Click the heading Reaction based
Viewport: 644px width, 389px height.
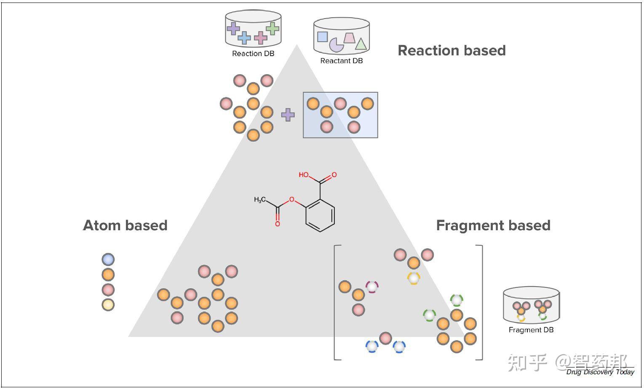coord(452,51)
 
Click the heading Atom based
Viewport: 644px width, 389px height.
coord(125,225)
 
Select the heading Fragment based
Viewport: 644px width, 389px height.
coord(493,225)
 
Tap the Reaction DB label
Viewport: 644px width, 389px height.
coord(253,54)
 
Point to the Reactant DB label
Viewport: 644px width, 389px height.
coord(342,61)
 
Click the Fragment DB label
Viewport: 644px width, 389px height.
coord(531,330)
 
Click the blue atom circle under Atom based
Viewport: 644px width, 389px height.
coord(108,259)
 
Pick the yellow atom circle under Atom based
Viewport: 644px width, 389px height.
coord(108,305)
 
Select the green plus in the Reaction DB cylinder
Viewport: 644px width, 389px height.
coord(272,28)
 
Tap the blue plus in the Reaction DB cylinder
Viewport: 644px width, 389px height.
coord(244,38)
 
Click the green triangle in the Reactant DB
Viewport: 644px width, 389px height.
coord(361,44)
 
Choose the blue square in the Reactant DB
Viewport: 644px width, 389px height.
coord(322,37)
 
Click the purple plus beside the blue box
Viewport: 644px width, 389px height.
coord(288,115)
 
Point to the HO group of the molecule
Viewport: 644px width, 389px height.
coord(304,174)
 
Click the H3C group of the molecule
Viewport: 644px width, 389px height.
coord(259,199)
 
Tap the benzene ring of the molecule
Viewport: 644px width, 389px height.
coord(320,215)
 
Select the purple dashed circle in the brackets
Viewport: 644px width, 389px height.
coord(372,287)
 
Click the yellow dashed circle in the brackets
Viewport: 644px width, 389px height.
coord(414,278)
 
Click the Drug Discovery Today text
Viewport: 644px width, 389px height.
coord(600,372)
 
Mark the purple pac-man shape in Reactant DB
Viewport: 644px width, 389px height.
coord(336,45)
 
